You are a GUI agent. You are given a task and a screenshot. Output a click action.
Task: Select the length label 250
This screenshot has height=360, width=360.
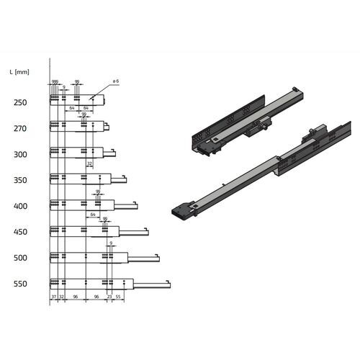pos(20,103)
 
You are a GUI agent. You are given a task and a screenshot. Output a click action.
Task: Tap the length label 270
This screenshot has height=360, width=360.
pos(20,129)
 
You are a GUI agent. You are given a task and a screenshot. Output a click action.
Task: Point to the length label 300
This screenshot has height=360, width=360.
pos(20,155)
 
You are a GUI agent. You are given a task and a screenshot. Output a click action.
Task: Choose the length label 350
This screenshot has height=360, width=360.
pos(20,181)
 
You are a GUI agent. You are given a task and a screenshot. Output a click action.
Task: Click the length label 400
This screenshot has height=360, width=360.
pos(20,207)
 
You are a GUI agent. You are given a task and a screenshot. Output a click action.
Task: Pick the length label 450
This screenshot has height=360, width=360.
pos(20,233)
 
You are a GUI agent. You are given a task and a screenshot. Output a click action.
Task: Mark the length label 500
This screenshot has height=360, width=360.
pos(20,258)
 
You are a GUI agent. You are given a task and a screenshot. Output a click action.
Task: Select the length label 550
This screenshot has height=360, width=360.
pos(20,284)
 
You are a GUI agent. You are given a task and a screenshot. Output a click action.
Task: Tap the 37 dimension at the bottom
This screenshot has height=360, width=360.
pos(53,297)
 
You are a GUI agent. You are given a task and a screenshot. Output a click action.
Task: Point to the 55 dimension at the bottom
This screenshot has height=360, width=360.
pos(118,297)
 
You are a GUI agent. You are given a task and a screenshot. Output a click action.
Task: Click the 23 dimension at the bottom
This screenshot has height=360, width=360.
pos(109,297)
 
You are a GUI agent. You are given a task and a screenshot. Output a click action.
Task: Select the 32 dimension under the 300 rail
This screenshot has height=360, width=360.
pos(89,164)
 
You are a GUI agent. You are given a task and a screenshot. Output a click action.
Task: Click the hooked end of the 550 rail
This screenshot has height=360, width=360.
pos(168,282)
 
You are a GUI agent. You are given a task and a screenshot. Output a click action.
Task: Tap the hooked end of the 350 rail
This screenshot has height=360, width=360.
pos(125,177)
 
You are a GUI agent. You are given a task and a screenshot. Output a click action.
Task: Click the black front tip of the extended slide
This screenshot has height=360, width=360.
pos(179,212)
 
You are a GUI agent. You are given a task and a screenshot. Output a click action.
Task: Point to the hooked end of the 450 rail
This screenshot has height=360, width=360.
pos(147,230)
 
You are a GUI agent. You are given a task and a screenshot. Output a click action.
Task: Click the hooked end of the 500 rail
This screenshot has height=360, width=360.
pos(158,256)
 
